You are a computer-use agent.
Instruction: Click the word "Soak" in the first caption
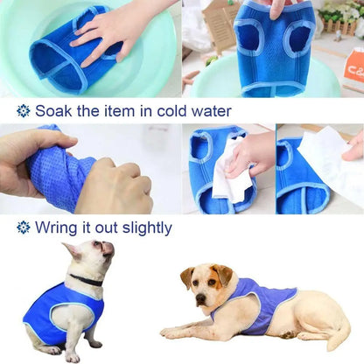point(53,111)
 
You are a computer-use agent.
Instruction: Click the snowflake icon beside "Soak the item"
point(23,111)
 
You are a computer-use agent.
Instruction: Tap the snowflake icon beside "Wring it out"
point(23,227)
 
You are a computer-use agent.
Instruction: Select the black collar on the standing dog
point(86,280)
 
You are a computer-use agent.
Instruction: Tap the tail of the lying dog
point(336,336)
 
